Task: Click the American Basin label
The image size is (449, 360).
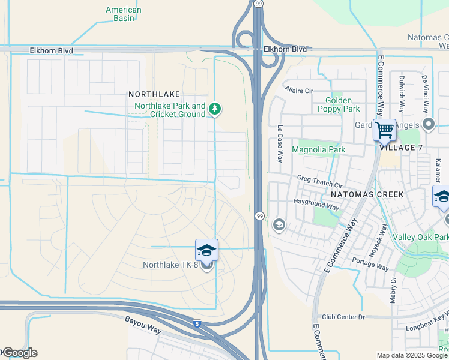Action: (x=123, y=14)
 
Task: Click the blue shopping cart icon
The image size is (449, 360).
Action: (x=384, y=129)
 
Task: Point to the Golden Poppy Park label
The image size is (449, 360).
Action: (x=342, y=104)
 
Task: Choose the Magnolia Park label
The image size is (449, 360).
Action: (x=318, y=149)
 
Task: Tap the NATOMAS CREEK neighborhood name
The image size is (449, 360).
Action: (x=366, y=194)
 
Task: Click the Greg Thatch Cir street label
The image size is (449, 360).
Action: (x=319, y=178)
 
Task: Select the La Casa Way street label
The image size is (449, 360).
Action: (x=280, y=144)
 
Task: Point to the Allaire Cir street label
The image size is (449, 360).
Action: (x=299, y=91)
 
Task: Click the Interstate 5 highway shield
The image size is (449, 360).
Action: (x=197, y=324)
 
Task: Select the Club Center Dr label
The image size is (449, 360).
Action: (x=343, y=317)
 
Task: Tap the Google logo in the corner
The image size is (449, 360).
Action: (x=19, y=353)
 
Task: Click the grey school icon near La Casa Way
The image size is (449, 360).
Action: (x=279, y=225)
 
